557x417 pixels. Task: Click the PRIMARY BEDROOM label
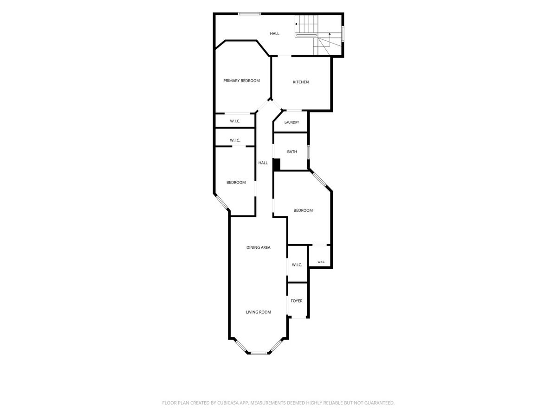241,81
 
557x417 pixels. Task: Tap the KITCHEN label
301,82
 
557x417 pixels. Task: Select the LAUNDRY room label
291,122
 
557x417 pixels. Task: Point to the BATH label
292,152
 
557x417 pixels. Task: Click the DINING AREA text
259,247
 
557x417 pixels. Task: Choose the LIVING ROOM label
259,312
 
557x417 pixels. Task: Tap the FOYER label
297,301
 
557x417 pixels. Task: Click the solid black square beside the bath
276,164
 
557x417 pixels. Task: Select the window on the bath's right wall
308,152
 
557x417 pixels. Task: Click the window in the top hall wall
249,14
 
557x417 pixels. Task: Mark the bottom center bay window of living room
259,353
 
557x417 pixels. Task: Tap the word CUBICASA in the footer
228,403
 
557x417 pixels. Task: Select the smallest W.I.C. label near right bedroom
321,262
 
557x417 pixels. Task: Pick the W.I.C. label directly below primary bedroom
235,121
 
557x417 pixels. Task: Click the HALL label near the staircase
274,33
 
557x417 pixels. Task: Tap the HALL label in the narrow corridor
263,163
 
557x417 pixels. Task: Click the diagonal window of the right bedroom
319,181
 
